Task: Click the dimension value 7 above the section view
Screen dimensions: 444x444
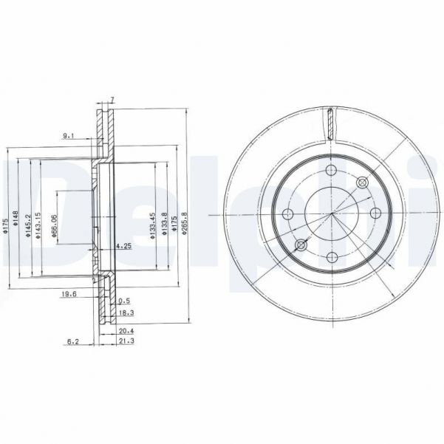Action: click(x=112, y=100)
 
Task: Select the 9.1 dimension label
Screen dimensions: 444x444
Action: click(x=68, y=135)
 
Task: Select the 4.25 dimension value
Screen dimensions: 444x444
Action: click(x=125, y=246)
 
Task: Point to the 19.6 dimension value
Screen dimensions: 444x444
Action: click(x=69, y=293)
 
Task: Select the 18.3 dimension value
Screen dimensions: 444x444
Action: click(x=126, y=313)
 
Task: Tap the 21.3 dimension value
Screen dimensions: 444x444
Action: click(x=126, y=343)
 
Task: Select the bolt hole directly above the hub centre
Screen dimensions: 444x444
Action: click(x=332, y=171)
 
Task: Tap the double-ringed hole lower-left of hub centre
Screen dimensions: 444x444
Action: click(x=301, y=245)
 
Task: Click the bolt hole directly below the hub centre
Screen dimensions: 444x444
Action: click(x=332, y=256)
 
